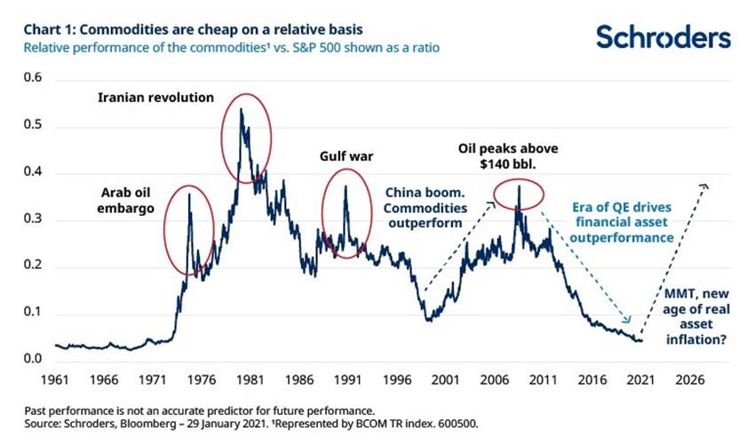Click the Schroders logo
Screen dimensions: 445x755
click(x=664, y=36)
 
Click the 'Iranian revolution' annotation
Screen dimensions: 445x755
click(x=155, y=95)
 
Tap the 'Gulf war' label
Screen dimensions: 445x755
click(x=346, y=157)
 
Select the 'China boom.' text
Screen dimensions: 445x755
click(x=423, y=189)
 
